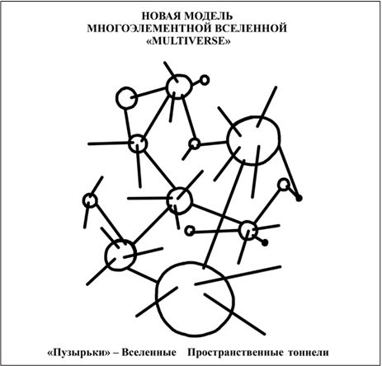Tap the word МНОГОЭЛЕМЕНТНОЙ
149,28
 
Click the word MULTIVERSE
188,41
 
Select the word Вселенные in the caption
149,352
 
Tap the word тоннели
309,353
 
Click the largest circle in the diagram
157,298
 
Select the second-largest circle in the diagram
228,140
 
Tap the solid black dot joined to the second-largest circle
299,198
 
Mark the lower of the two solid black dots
265,242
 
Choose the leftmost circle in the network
90,194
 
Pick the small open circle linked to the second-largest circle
195,138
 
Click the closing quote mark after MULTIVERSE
228,41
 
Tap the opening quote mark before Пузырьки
50,353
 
